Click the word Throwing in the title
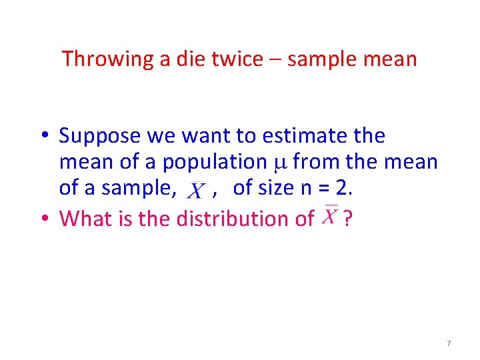pyautogui.click(x=107, y=59)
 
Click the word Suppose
pyautogui.click(x=97, y=137)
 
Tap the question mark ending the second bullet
pyautogui.click(x=347, y=218)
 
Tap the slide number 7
pyautogui.click(x=449, y=343)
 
